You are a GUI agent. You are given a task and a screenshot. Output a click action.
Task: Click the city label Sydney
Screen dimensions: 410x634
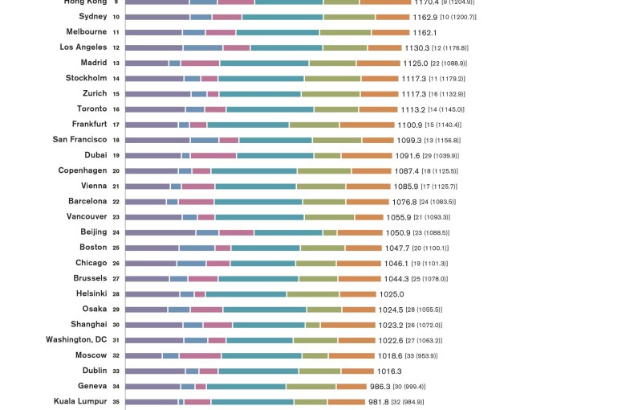tap(92, 16)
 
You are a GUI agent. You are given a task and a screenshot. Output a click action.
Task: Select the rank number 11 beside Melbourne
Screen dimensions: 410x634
tap(116, 32)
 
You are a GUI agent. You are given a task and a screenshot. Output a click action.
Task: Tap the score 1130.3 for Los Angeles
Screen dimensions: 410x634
tap(417, 47)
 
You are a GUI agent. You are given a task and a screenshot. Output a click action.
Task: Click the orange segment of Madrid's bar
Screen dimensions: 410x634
tap(378, 63)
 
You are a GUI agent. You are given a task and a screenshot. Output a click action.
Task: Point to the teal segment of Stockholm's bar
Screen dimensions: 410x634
tap(261, 79)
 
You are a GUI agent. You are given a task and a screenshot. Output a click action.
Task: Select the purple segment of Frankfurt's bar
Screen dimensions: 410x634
tap(152, 125)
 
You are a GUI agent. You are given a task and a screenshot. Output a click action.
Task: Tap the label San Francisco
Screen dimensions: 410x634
tap(79, 140)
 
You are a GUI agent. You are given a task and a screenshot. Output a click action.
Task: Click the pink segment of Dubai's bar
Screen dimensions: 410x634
tap(213, 155)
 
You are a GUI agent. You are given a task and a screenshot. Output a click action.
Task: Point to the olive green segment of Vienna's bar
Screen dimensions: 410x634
tap(321, 187)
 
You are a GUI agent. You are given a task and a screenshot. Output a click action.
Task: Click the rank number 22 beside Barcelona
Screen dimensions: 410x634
tap(116, 202)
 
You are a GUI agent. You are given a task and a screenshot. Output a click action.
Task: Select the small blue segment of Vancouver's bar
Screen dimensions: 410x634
tap(189, 217)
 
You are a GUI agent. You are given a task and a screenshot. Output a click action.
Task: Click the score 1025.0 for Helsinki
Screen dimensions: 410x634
tap(392, 294)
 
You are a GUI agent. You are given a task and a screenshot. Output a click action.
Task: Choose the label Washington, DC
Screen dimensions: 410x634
tap(76, 340)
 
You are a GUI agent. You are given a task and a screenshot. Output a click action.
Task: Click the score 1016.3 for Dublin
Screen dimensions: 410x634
tap(389, 371)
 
